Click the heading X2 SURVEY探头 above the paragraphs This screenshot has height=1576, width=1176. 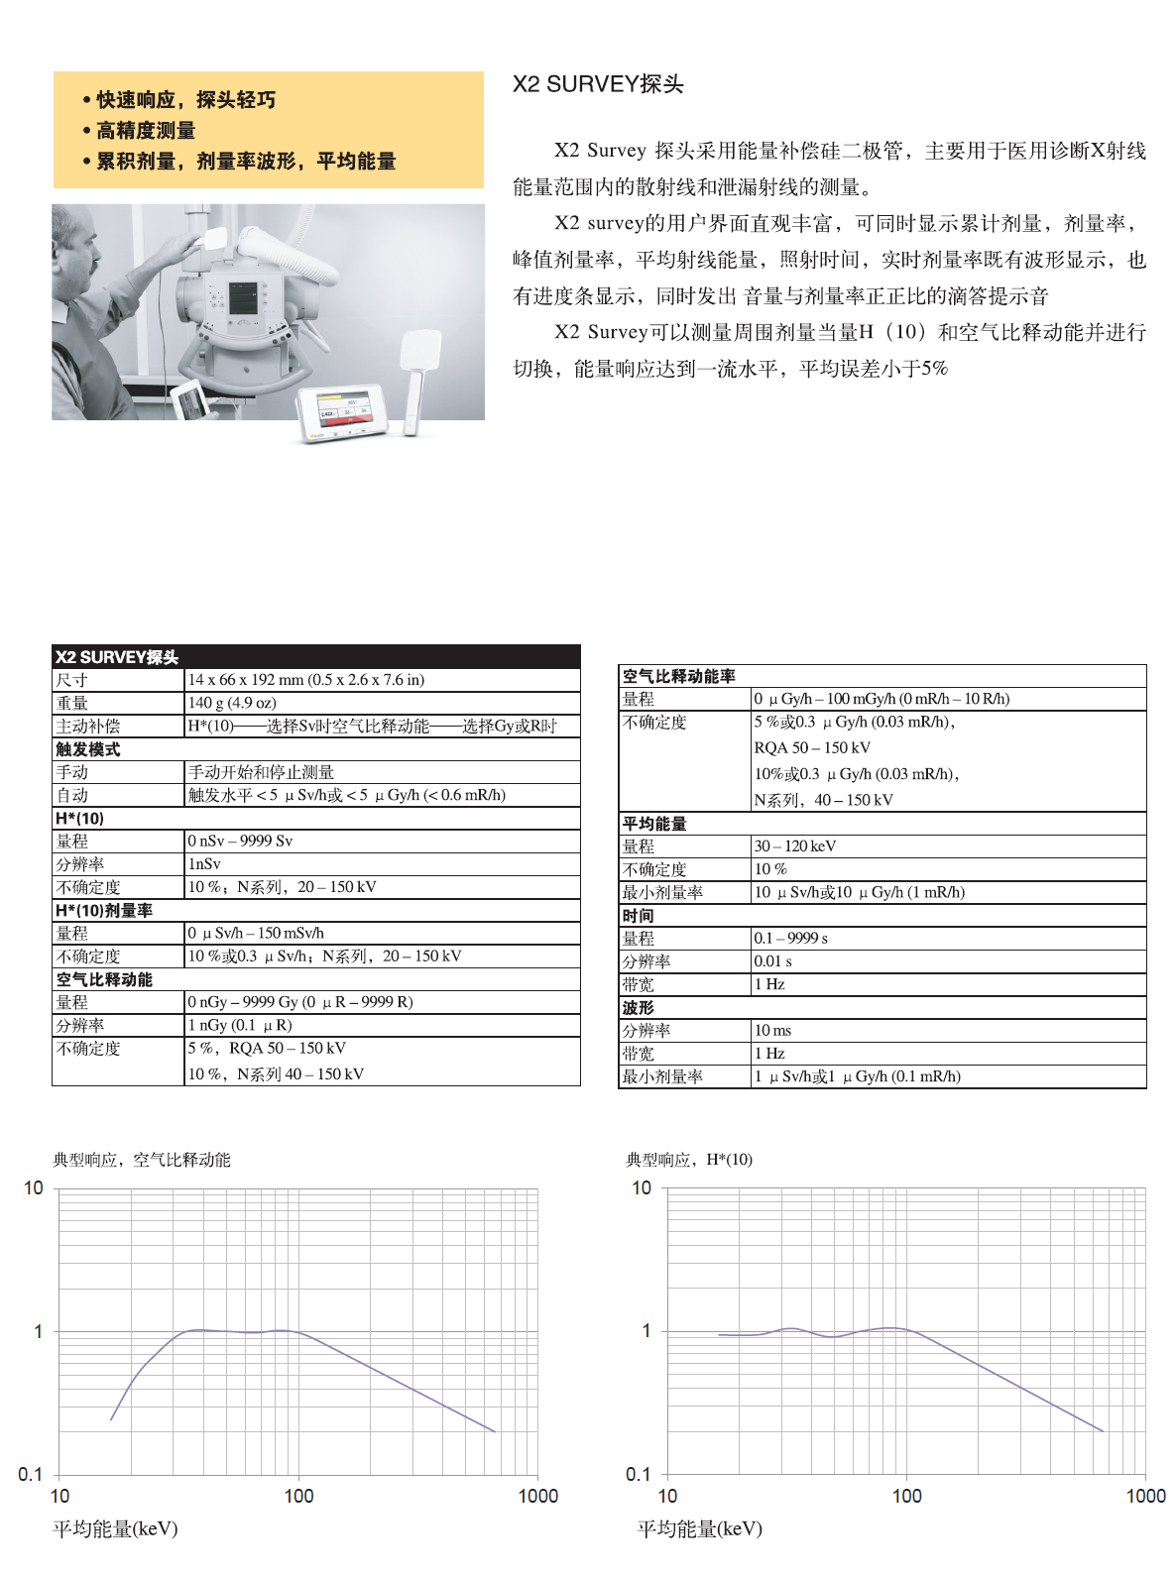tap(597, 84)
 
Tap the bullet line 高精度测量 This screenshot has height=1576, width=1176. tap(145, 131)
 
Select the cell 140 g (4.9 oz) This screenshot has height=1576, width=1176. tap(232, 703)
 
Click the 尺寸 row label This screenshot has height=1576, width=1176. tap(71, 680)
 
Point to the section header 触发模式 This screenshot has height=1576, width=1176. tap(87, 749)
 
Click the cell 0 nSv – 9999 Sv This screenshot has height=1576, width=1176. tap(240, 841)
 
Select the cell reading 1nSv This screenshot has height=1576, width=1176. tap(204, 864)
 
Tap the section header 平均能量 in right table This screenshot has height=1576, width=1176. tap(654, 824)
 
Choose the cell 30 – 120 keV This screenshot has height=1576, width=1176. tap(794, 846)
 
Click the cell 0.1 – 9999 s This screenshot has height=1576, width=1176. tap(790, 938)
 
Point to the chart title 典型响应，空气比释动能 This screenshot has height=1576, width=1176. tap(141, 1160)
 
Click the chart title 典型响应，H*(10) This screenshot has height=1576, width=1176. tap(688, 1160)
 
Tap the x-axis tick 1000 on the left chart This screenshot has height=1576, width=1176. tap(537, 1496)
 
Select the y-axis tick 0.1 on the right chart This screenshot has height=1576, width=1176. tap(639, 1474)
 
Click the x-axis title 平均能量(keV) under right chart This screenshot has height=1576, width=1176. tap(699, 1528)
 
